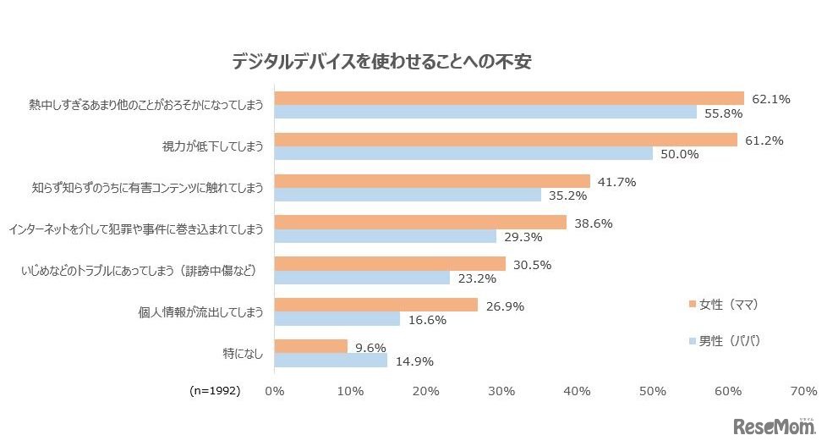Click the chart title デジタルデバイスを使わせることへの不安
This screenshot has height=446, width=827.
tap(381, 62)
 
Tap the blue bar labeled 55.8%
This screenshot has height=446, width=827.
tap(485, 113)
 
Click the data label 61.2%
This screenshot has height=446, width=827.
tap(764, 140)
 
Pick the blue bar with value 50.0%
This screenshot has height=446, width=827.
tap(463, 154)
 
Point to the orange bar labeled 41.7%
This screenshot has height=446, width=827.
tap(432, 181)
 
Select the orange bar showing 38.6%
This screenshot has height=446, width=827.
tap(420, 223)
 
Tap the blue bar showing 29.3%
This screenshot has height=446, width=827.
tap(385, 237)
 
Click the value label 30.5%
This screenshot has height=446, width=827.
tap(532, 265)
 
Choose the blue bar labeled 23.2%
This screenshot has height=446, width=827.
tap(362, 278)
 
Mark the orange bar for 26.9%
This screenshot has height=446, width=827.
tap(376, 305)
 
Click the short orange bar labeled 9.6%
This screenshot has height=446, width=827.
tap(310, 346)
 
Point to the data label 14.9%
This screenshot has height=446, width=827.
tap(413, 361)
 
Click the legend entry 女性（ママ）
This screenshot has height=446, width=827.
tap(726, 304)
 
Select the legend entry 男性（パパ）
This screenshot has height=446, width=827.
tap(726, 341)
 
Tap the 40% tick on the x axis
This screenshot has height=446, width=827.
tap(578, 391)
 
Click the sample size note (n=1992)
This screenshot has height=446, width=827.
tap(214, 391)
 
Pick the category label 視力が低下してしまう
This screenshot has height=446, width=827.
tap(215, 146)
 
